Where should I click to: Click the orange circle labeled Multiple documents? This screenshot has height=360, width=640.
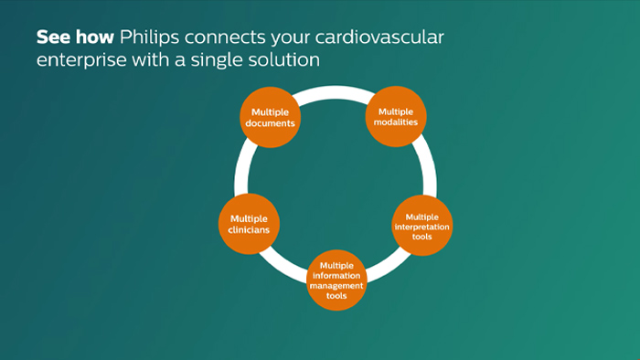[x=270, y=117]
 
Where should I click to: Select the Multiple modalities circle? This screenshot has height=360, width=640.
[x=397, y=117]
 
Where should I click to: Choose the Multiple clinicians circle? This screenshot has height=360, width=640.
[x=249, y=224]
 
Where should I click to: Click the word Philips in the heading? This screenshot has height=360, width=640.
[x=150, y=39]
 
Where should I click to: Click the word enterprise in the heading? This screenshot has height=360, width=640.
[x=78, y=59]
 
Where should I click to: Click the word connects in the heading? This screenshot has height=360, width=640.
[x=223, y=39]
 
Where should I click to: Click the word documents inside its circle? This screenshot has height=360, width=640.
[x=270, y=122]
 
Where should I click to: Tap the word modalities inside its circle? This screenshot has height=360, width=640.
[x=397, y=122]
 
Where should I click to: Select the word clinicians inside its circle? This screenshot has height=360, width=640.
[x=249, y=229]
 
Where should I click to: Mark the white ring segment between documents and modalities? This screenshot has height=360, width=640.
[x=334, y=91]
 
